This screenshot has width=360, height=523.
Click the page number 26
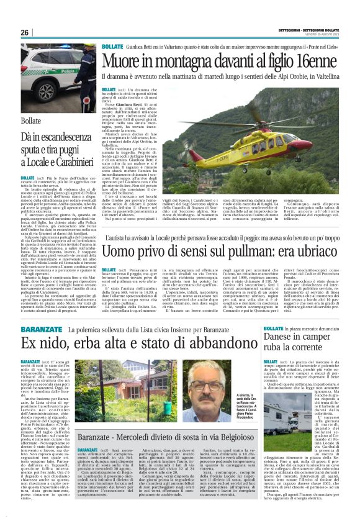[x=25, y=32]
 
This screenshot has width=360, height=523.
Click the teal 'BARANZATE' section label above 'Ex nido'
[x=41, y=329]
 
